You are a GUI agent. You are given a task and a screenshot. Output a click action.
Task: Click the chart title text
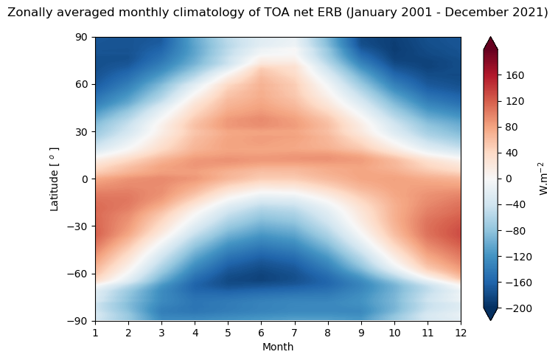(x=278, y=13)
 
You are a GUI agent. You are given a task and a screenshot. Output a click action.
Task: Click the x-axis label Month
(x=278, y=347)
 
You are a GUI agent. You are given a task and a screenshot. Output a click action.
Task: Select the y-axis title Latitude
(x=55, y=179)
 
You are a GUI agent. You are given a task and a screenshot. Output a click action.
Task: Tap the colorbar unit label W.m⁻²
(x=545, y=179)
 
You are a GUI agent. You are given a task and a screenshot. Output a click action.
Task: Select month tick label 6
(x=262, y=332)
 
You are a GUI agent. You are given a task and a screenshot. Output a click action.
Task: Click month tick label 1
(x=95, y=332)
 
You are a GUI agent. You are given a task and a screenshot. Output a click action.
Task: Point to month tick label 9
(x=361, y=332)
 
